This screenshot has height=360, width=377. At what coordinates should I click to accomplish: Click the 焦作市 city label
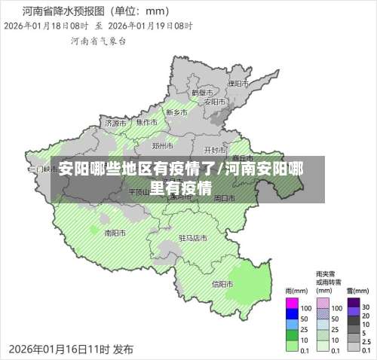146,122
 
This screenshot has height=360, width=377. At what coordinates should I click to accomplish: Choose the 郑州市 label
162,145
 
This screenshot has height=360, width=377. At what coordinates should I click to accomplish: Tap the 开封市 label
215,150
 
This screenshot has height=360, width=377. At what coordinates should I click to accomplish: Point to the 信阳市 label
222,284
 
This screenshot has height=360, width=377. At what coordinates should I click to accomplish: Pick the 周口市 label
223,198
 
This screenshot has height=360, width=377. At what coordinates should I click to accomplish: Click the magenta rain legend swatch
292,307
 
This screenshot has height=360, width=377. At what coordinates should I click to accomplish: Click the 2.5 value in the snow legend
366,340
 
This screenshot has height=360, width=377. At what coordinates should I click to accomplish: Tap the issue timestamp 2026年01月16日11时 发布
71,349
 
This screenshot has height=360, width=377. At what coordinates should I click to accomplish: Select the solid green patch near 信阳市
253,283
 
